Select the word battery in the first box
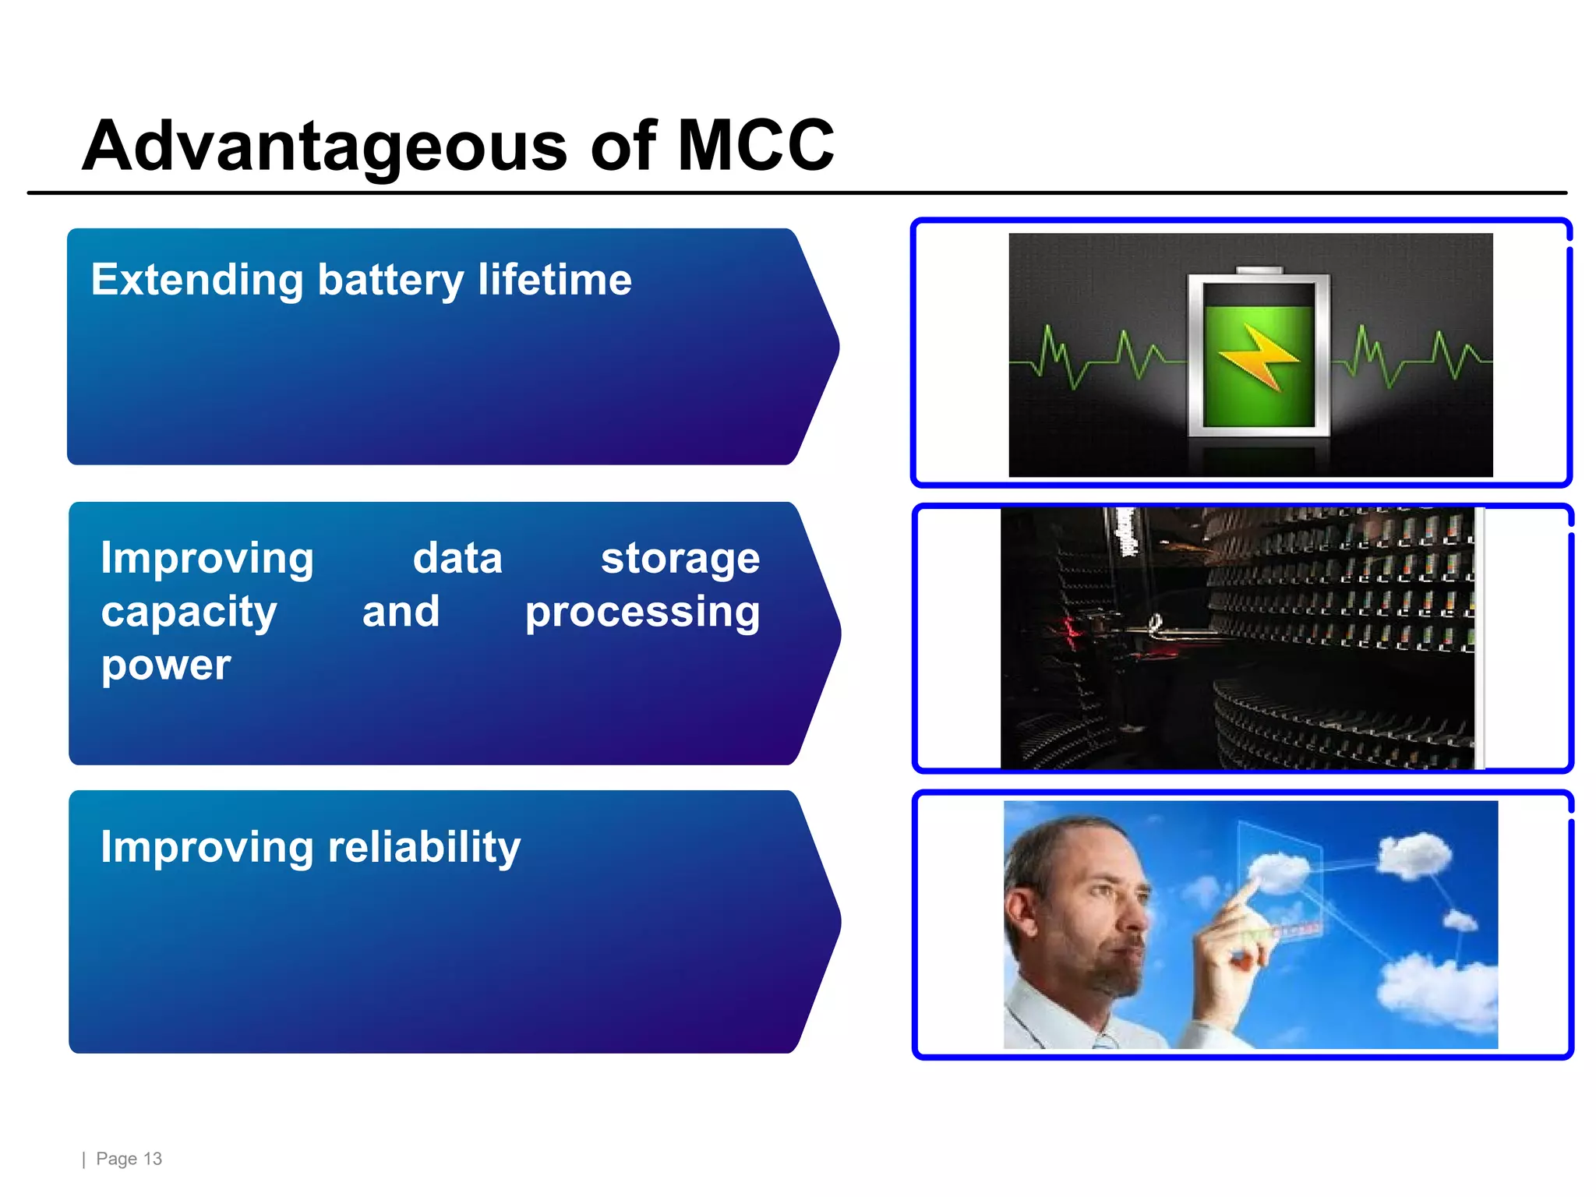click(390, 281)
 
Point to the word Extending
click(197, 281)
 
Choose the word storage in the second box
click(680, 560)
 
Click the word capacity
click(189, 613)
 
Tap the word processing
click(642, 613)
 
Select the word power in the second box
click(166, 665)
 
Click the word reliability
click(424, 847)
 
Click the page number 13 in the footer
click(153, 1159)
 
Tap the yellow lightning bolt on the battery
click(1257, 357)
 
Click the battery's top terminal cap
click(1259, 270)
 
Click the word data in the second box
click(457, 560)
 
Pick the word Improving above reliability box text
click(207, 847)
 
